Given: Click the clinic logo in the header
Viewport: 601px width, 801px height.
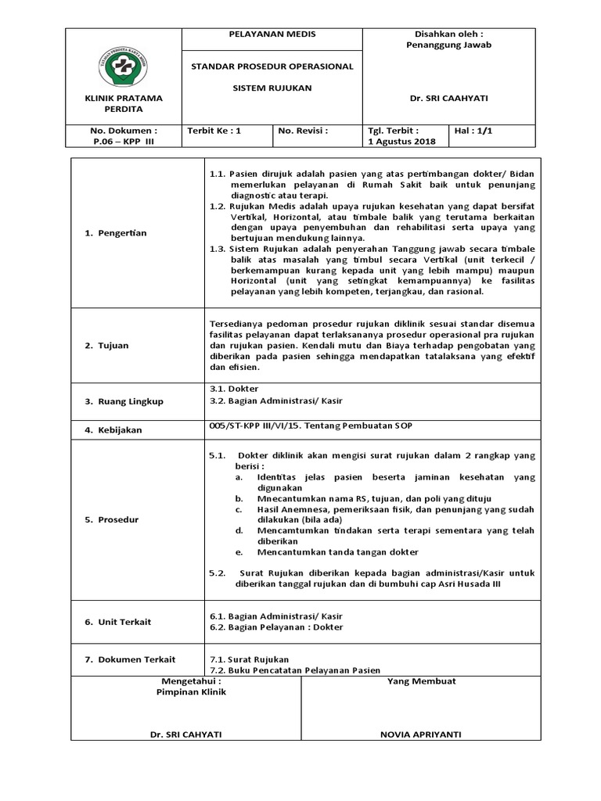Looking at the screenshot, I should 124,63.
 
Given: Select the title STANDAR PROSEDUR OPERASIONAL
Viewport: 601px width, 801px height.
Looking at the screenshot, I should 272,66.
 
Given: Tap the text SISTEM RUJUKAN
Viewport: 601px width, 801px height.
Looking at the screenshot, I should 272,88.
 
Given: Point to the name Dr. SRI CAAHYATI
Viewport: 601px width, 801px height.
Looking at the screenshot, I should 448,99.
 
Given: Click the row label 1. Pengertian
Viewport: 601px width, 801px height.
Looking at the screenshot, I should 116,233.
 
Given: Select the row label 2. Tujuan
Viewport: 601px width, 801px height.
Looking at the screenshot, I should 107,345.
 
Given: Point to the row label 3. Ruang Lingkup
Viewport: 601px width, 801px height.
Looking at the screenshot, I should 124,401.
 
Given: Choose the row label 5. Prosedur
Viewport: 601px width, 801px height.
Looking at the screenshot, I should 112,519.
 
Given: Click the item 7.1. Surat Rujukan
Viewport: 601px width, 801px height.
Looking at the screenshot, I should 250,659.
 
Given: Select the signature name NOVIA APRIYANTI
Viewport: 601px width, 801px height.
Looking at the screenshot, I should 421,735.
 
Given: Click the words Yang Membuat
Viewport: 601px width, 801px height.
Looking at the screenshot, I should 421,681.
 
